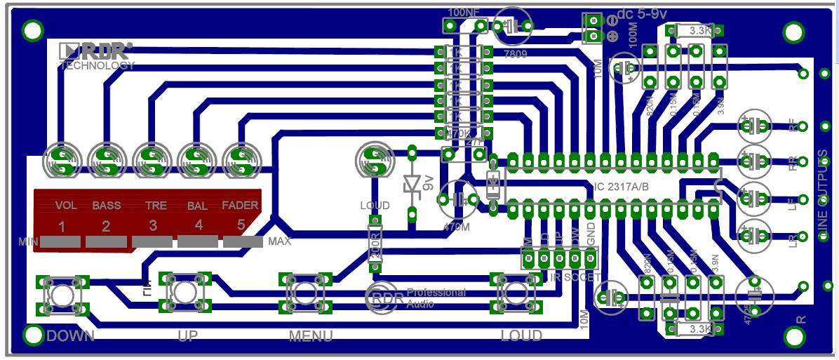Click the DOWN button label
coord(69,335)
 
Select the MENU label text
coord(311,336)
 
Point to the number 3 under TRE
coord(153,227)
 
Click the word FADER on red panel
coord(240,206)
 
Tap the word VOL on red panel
coord(66,206)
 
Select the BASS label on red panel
coord(107,206)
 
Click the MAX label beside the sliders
coord(279,241)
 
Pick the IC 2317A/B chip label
coord(622,186)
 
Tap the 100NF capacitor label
coord(464,12)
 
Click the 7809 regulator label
coord(515,53)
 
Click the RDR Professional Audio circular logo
coord(384,298)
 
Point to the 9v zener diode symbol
coord(412,184)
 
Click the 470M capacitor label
coord(457,227)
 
